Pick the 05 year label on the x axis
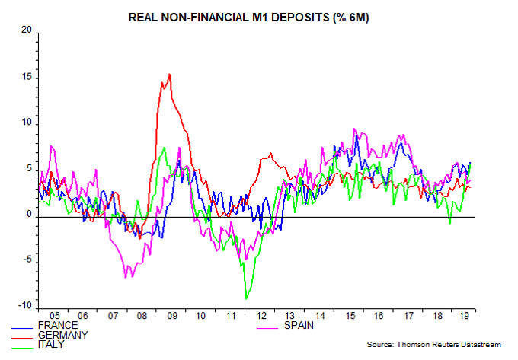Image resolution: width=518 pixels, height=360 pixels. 54,314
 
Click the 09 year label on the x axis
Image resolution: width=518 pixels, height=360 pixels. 171,314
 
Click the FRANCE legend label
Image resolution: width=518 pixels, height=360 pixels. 68,326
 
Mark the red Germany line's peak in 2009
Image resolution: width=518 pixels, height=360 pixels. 169,74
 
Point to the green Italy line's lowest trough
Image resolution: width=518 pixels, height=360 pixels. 246,298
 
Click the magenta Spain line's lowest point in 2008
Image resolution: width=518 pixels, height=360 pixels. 126,277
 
